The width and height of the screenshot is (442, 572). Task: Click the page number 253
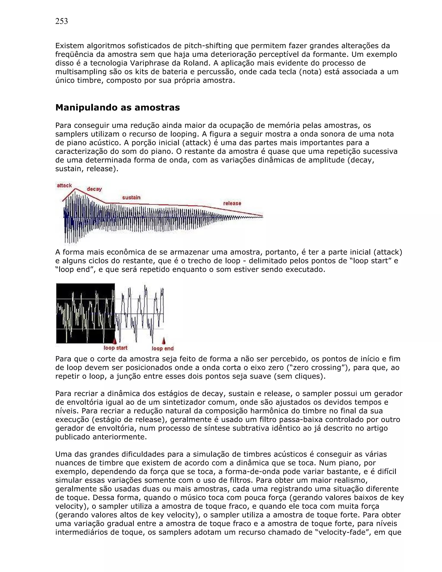[x=62, y=21]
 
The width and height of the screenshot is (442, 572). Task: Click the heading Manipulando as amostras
[x=118, y=107]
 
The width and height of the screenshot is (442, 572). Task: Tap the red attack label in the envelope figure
[x=64, y=185]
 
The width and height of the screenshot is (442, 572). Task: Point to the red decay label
[x=94, y=189]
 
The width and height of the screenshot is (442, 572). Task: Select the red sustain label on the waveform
[x=131, y=198]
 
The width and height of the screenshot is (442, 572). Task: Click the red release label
[x=232, y=203]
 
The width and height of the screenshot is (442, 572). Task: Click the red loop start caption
[x=115, y=348]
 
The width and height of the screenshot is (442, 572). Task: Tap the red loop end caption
[x=163, y=348]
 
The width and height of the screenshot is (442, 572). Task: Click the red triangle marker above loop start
[x=114, y=341]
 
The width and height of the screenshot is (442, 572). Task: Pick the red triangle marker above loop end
[x=164, y=341]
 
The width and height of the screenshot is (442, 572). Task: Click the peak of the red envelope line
[x=76, y=189]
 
